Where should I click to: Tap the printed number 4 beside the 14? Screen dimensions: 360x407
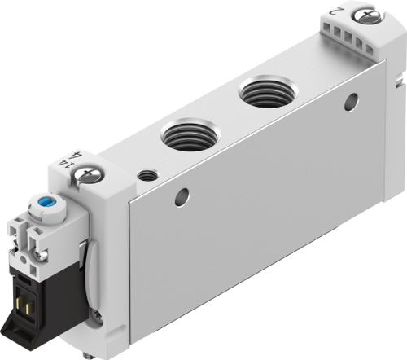(77, 155)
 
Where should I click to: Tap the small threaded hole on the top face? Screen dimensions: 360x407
(147, 174)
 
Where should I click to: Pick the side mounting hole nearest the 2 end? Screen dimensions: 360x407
(351, 102)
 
